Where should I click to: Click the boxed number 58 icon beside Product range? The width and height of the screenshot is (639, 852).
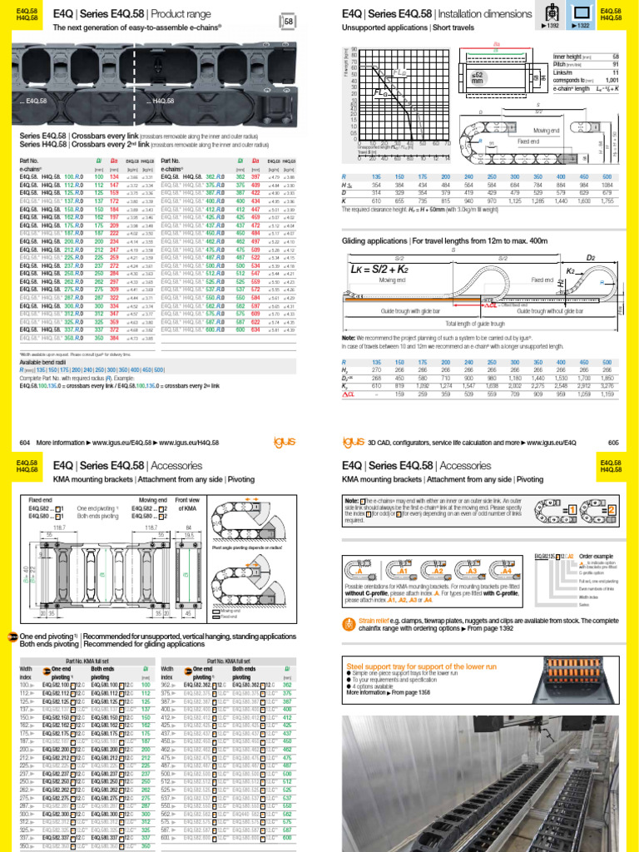289,22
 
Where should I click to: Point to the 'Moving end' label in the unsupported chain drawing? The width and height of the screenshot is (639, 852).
546,131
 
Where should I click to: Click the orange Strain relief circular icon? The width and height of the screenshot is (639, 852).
347,624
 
